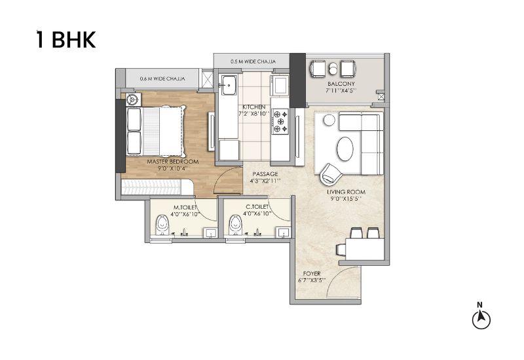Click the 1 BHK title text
pos(66,39)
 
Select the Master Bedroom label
pos(173,162)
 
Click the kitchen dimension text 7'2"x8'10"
pos(254,113)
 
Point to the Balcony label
pos(341,84)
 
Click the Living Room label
pos(346,192)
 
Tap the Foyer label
pos(312,274)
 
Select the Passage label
pos(265,174)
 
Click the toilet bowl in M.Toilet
pos(162,225)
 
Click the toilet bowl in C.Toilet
pos(235,225)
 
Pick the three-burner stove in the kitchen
pos(280,122)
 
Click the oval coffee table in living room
pos(345,149)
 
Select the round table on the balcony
pos(333,69)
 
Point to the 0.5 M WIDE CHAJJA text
pos(253,62)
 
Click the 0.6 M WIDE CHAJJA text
pos(162,79)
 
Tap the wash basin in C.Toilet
pos(284,232)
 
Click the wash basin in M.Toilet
pos(211,232)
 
